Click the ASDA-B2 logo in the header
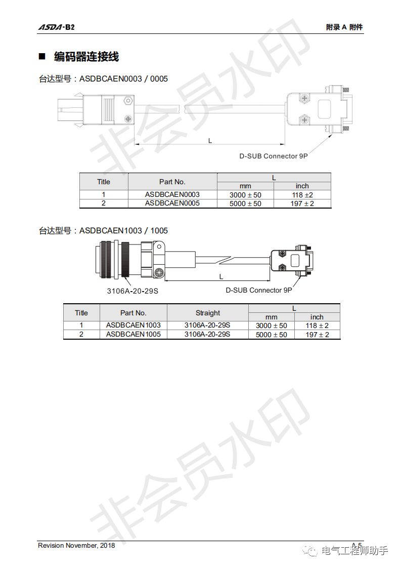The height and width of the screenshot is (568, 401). pyautogui.click(x=56, y=27)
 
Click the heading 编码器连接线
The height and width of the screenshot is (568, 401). pyautogui.click(x=86, y=57)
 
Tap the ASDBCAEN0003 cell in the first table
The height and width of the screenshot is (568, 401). pyautogui.click(x=172, y=194)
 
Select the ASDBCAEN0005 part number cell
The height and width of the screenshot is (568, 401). pyautogui.click(x=172, y=203)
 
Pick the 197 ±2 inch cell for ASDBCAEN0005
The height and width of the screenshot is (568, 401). pyautogui.click(x=302, y=204)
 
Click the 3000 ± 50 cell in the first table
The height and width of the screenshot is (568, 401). pyautogui.click(x=245, y=195)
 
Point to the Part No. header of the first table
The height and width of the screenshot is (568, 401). pyautogui.click(x=172, y=182)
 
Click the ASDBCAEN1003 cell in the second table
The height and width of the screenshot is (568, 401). pyautogui.click(x=133, y=326)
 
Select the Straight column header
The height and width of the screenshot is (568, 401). pyautogui.click(x=208, y=313)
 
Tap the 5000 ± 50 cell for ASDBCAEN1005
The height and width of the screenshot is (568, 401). pyautogui.click(x=272, y=335)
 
